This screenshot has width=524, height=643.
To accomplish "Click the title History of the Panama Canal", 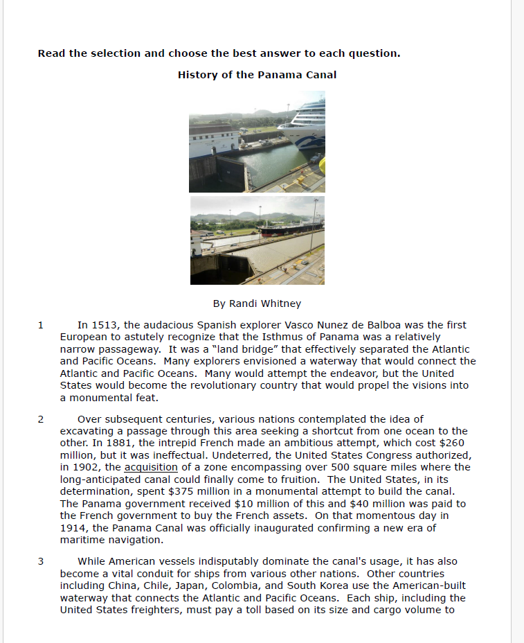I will tap(257, 75).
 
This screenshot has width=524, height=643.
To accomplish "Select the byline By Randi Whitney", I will tap(257, 303).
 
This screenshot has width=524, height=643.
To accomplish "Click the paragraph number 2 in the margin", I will tap(41, 419).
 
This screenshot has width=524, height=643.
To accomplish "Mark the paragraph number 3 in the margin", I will tap(41, 561).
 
